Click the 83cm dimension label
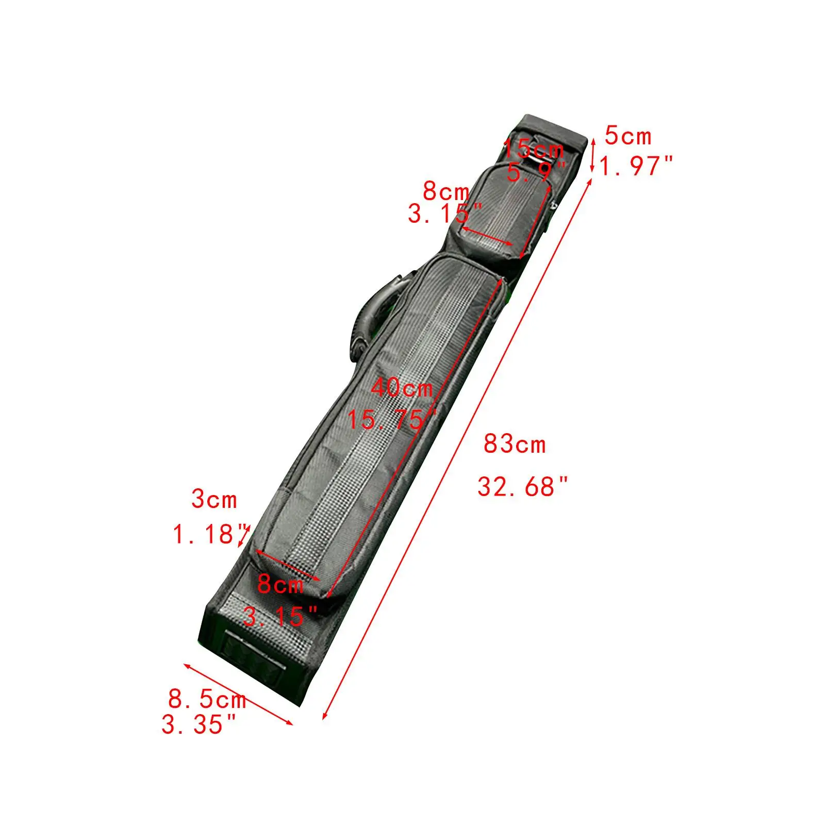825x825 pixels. [x=514, y=444]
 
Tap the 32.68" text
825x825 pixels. [x=522, y=487]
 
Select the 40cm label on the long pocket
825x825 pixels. [x=402, y=388]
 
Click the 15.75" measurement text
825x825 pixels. [x=392, y=419]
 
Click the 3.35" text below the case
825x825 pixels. [x=199, y=724]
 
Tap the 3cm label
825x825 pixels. [x=214, y=500]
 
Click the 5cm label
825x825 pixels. [x=628, y=137]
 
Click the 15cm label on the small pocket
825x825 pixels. [x=534, y=149]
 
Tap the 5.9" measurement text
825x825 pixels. [x=536, y=172]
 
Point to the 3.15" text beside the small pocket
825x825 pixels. [x=445, y=213]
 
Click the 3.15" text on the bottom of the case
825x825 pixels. [x=280, y=616]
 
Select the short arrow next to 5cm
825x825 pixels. [x=593, y=155]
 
